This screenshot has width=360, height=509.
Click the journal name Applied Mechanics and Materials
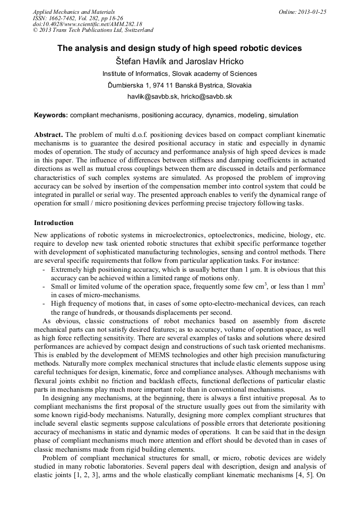73,11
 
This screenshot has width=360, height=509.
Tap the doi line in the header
87,24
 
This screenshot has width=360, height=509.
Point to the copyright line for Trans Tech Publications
93,30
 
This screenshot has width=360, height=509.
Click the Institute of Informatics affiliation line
179,74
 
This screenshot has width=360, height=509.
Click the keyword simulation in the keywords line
283,115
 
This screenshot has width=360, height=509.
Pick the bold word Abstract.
49,135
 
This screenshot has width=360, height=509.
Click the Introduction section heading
54,222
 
